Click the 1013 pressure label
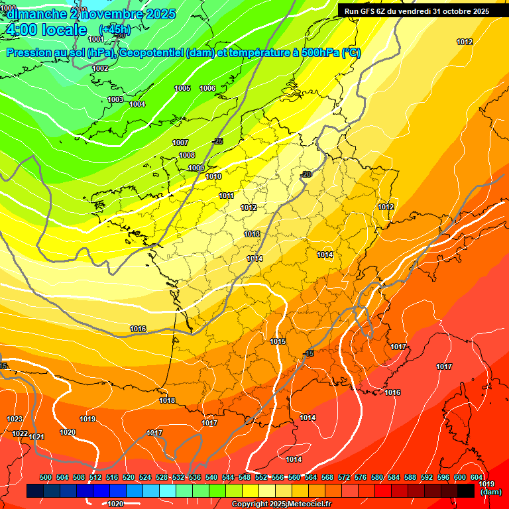(252, 234)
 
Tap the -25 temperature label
(218, 141)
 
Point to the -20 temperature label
(306, 174)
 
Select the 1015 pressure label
(278, 341)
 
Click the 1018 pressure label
(167, 400)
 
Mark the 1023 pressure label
(15, 419)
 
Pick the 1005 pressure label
(182, 88)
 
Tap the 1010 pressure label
(213, 176)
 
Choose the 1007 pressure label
(180, 142)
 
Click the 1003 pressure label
(115, 99)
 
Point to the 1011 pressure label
(227, 196)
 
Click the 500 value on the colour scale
(46, 478)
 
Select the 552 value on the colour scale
(262, 478)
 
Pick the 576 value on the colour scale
(361, 478)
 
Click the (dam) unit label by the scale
(490, 492)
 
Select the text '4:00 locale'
(45, 30)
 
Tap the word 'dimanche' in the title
(36, 13)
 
